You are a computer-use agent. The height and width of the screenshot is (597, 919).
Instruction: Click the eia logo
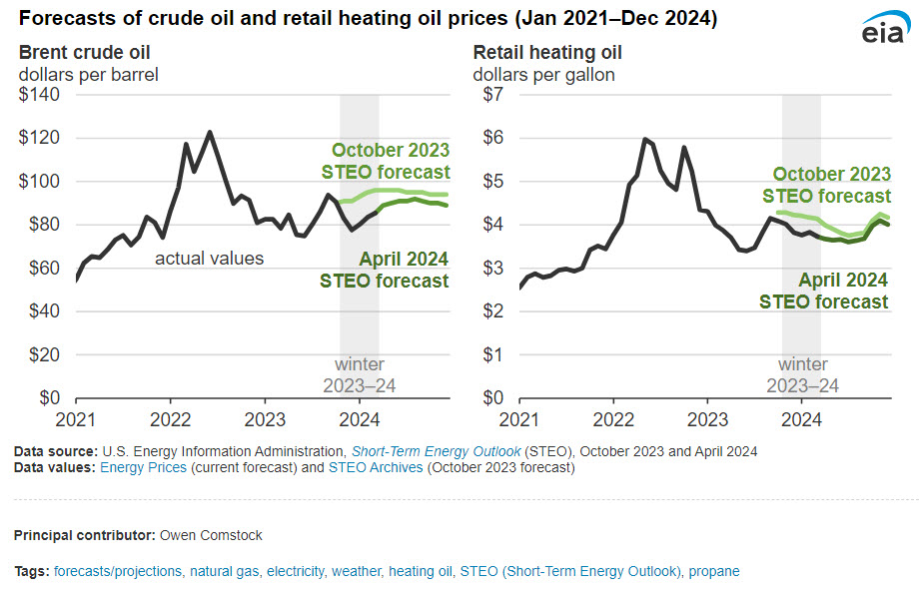coord(882,30)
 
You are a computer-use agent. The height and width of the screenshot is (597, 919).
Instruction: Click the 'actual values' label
coord(209,259)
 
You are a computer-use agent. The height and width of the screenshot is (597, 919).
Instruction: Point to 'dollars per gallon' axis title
coord(543,74)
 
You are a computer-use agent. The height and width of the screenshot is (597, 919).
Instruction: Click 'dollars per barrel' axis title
coord(89,74)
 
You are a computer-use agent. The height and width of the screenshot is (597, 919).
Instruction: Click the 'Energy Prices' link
coord(142,467)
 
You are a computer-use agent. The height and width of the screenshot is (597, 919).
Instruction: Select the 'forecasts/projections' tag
coord(118,571)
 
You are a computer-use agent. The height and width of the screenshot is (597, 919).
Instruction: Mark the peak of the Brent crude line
coord(210,132)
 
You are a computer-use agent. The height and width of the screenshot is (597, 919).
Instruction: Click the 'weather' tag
coord(357,571)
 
